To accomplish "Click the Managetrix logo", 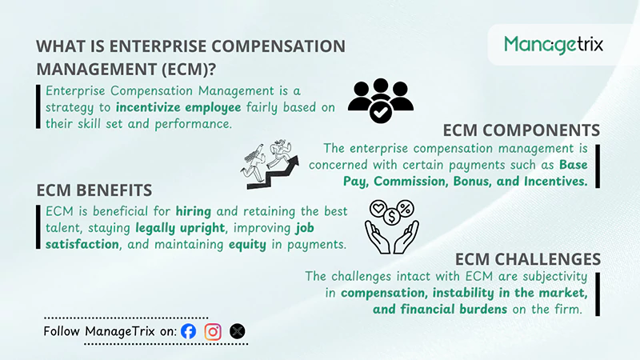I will coord(554,44).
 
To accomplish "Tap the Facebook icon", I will coord(189,331).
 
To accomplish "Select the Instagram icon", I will coord(213,331).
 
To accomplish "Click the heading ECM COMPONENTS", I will coord(521,130).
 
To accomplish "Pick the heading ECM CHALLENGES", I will coord(527,259).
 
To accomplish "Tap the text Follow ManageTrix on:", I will coord(110,331).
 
